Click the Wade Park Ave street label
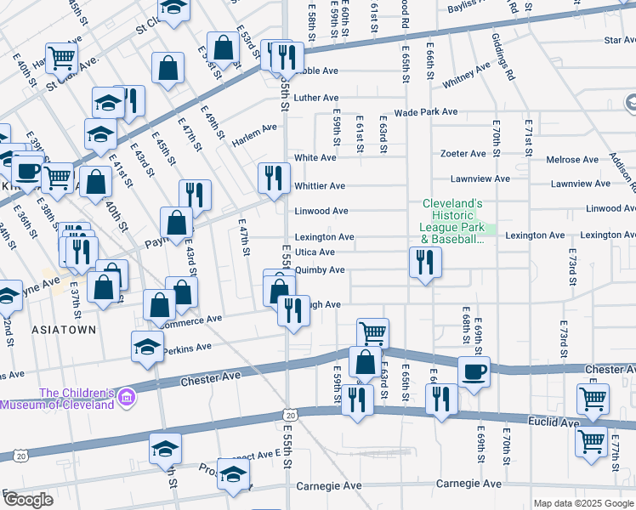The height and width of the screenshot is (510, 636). coord(426,112)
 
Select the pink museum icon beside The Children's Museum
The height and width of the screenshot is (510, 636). coord(128,397)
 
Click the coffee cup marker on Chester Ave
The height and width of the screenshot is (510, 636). coord(474,371)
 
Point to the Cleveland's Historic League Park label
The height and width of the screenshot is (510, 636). coord(453,222)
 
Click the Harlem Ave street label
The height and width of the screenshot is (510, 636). coord(254,133)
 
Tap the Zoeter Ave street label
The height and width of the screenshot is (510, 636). coord(463,154)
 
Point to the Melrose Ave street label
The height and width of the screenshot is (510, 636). coord(572,160)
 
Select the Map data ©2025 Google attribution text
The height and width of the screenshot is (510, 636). coord(582,503)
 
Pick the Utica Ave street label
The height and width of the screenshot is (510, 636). coord(315,252)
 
